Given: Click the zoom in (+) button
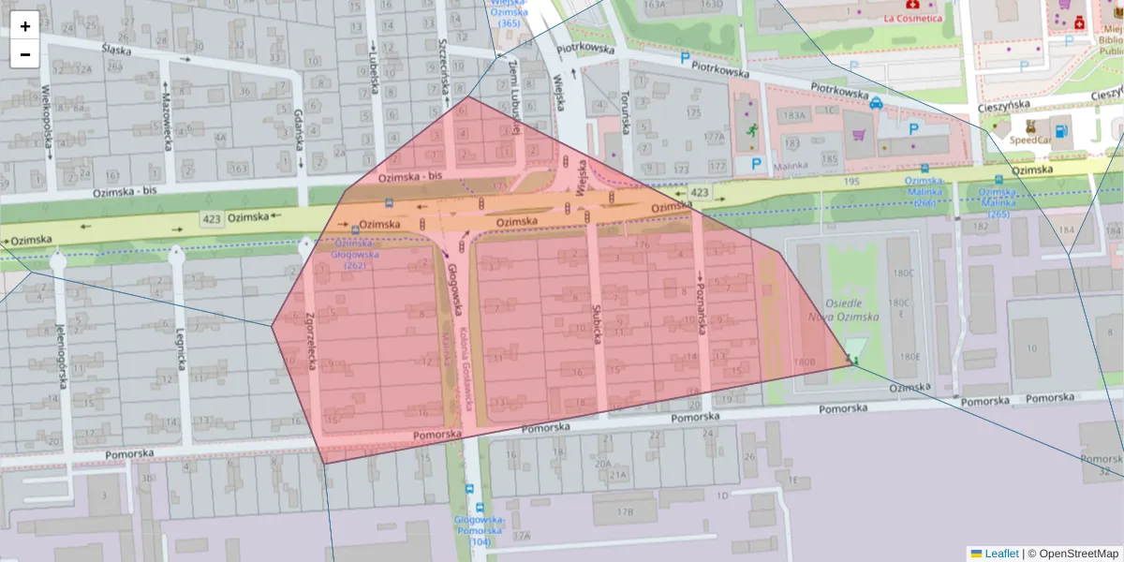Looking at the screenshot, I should [x=25, y=26].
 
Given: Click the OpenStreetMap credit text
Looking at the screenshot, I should [x=1073, y=554].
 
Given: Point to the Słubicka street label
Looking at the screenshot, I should [x=596, y=323].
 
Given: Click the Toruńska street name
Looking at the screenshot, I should [x=625, y=113].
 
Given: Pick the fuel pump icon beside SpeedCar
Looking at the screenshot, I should [x=1060, y=131].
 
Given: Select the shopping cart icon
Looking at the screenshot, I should [x=858, y=134].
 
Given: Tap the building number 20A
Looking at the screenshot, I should [x=602, y=464].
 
